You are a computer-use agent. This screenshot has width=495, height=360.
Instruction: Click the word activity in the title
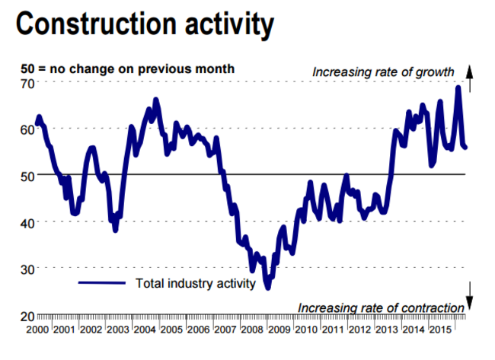pyautogui.click(x=228, y=24)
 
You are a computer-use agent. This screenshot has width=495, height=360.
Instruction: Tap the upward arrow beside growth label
pyautogui.click(x=470, y=77)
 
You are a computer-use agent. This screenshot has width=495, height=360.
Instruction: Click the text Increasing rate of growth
pyautogui.click(x=383, y=72)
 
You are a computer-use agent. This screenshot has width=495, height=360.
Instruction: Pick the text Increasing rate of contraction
pyautogui.click(x=381, y=307)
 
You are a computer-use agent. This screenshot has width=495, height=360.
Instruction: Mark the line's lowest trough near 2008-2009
pyautogui.click(x=268, y=288)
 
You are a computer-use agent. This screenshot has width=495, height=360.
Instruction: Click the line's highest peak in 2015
pyautogui.click(x=458, y=87)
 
